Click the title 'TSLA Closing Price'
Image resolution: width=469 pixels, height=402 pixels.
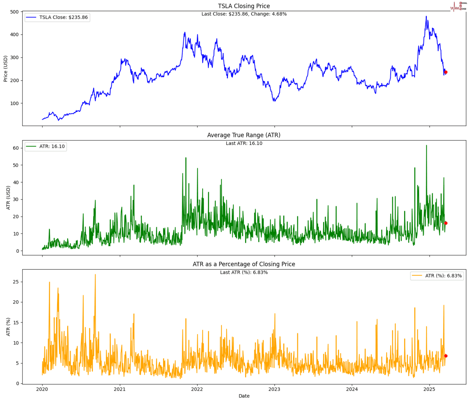tap(244, 6)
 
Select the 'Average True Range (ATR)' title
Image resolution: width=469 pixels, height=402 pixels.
tap(244, 135)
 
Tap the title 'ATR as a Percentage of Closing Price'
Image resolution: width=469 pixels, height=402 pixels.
tap(244, 264)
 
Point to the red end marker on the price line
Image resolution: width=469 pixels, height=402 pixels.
tap(446, 72)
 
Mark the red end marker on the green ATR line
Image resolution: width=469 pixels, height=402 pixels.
tap(446, 223)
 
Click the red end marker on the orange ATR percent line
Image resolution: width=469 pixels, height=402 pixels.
tap(446, 356)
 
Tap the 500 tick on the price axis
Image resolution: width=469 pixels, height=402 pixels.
tap(15, 12)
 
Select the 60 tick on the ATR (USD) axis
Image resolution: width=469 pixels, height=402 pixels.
tap(16, 148)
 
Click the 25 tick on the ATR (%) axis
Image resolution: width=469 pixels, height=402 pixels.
tap(16, 282)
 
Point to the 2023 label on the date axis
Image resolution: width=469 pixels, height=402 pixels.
tap(274, 389)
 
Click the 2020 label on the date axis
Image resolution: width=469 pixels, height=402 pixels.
tap(42, 389)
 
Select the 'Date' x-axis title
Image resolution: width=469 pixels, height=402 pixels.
tap(244, 396)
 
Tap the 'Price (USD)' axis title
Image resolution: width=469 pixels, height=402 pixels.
tap(5, 69)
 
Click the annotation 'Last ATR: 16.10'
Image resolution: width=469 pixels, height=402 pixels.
tap(244, 143)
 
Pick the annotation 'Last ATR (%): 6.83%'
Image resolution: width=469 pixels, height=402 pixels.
tap(244, 272)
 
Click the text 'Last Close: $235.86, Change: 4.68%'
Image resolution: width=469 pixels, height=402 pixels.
tap(244, 14)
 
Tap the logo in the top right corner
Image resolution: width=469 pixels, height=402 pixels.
tap(458, 6)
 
